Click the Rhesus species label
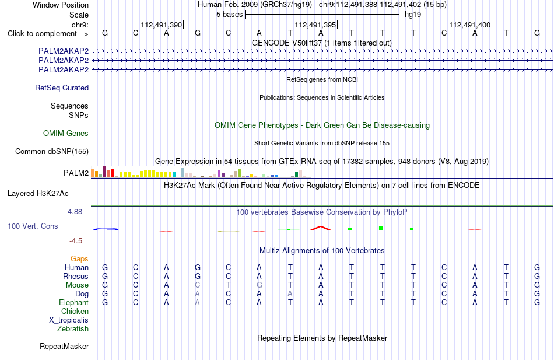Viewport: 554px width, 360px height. [76, 276]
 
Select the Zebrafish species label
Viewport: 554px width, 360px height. [73, 329]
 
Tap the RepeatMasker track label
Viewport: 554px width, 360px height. [64, 346]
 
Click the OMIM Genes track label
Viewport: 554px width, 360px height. [66, 133]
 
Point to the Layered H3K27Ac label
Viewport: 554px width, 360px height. [38, 194]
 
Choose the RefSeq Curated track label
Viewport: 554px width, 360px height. [62, 88]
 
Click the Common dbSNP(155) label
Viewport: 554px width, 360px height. [52, 151]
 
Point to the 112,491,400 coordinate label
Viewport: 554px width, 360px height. [469, 25]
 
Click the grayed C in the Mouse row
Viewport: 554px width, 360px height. [198, 285]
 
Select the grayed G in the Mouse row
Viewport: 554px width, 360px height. [260, 285]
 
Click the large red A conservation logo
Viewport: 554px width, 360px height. [321, 228]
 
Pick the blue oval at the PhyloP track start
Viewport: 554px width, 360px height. [106, 229]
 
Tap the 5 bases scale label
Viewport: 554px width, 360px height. [230, 15]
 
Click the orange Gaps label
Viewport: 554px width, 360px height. [79, 259]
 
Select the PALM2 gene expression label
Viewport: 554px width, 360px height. [76, 173]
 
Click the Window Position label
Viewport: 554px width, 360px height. [61, 5]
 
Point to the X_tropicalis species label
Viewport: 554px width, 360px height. [69, 320]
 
